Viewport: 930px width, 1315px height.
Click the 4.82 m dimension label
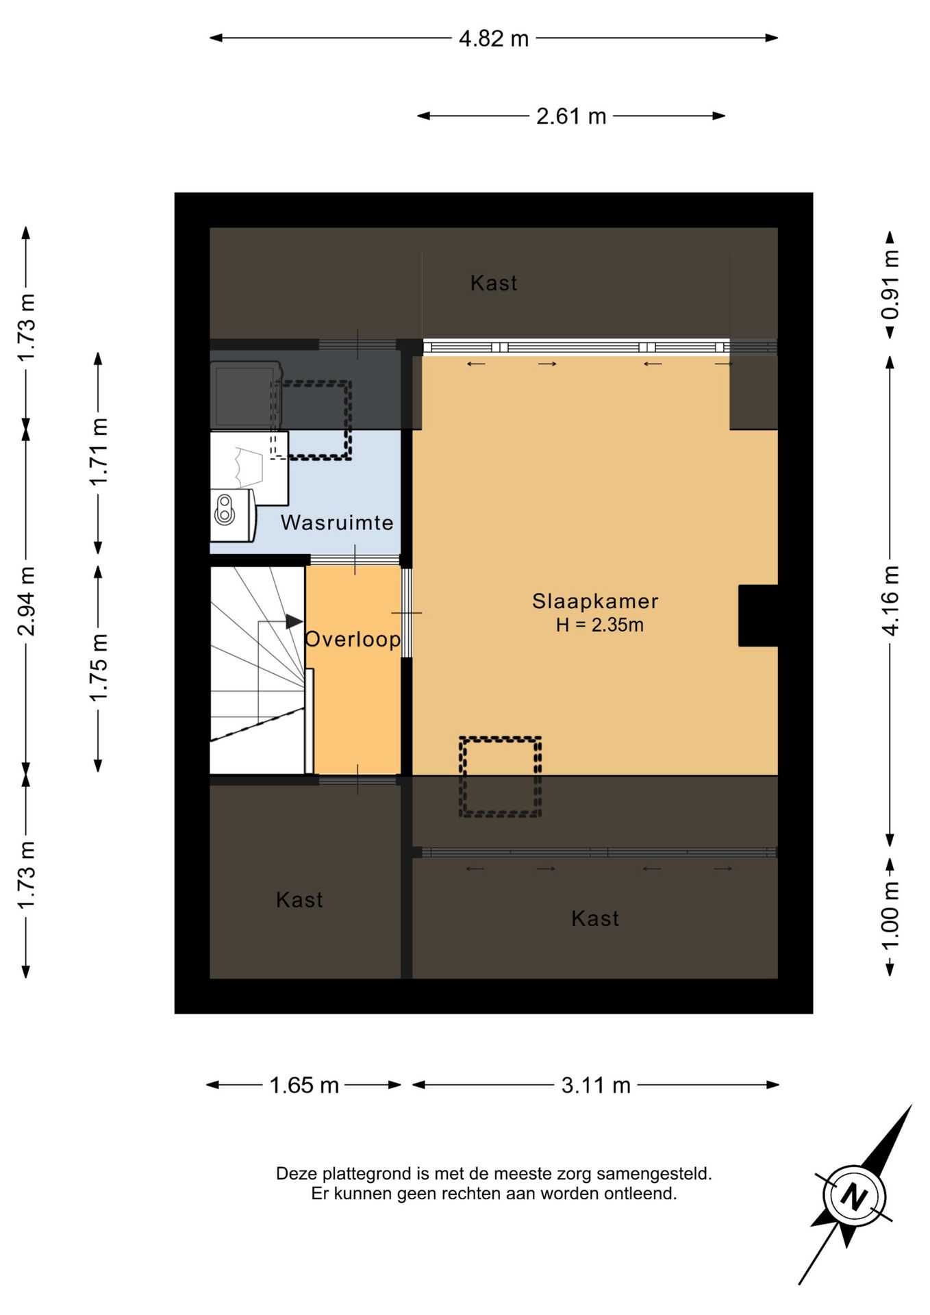coord(494,38)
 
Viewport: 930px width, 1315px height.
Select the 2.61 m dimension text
coord(571,116)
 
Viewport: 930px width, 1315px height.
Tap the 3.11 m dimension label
coord(596,1085)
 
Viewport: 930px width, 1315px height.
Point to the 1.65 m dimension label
coord(304,1085)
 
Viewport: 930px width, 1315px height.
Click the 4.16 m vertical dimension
coord(890,601)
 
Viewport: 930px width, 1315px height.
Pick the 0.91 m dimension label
coord(890,284)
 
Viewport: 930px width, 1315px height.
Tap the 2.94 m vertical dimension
coord(26,601)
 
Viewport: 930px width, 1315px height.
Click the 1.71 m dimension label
coord(98,451)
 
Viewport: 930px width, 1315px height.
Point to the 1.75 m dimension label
coord(98,667)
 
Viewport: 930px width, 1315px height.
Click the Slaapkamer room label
coord(595,601)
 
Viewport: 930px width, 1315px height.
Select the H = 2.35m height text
coord(599,625)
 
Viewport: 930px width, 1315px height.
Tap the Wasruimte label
coord(337,523)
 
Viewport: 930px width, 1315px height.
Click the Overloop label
coord(353,639)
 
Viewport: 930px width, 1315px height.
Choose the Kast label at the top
coord(494,283)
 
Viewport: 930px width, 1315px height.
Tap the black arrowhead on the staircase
coord(294,621)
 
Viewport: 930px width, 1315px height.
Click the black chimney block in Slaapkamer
coord(758,615)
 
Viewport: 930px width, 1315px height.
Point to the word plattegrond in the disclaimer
coord(366,1174)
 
